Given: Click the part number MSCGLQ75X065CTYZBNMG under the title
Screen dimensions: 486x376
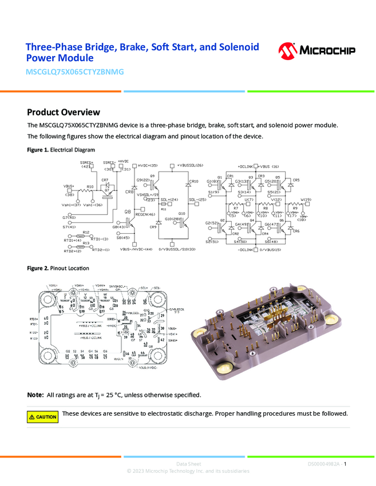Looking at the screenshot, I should click(x=75, y=72).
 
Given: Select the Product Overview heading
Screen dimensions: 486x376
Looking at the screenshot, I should click(x=64, y=112).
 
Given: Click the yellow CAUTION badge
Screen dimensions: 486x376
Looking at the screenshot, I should click(x=43, y=417).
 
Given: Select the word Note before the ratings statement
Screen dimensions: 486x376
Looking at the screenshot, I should click(x=35, y=395).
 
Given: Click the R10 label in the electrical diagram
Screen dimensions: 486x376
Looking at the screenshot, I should click(x=90, y=187).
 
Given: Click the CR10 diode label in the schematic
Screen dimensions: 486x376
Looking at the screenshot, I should click(x=193, y=181).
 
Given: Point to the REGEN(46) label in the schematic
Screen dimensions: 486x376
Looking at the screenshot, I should click(x=145, y=214).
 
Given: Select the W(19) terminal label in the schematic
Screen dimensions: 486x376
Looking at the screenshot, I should click(x=306, y=199).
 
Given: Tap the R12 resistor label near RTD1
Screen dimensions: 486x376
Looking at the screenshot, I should click(x=85, y=232).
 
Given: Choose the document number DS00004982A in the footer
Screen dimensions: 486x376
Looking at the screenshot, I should click(x=323, y=464).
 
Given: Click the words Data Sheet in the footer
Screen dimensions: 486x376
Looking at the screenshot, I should click(x=188, y=464).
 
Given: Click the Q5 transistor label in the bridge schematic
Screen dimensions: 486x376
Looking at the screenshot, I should click(x=277, y=177).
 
